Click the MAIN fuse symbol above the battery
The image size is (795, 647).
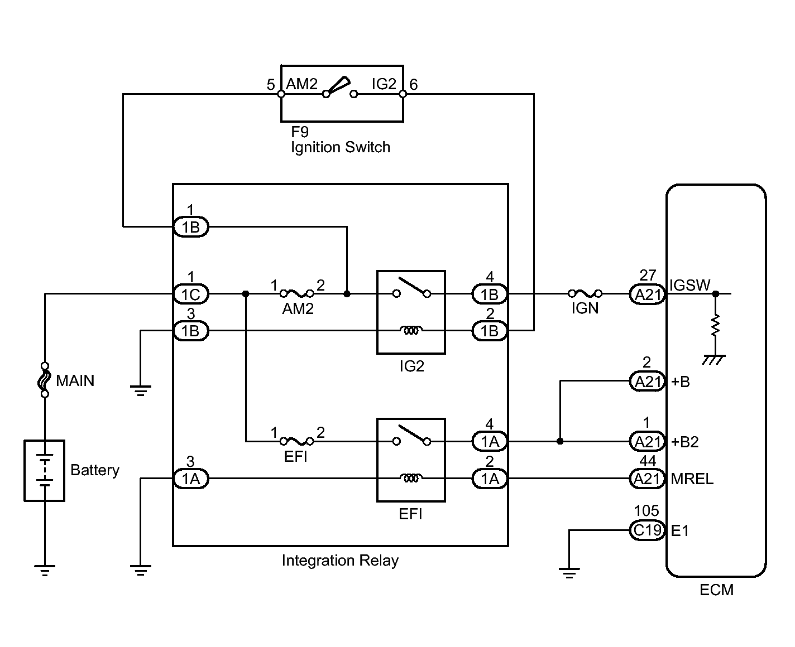45,380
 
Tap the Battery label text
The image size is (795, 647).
95,470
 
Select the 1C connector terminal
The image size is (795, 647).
191,294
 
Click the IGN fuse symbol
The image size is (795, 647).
585,293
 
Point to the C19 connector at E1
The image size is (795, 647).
647,530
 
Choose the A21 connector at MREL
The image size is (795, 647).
647,479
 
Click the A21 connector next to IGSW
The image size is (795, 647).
647,294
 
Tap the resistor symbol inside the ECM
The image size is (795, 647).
715,326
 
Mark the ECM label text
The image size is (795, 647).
716,590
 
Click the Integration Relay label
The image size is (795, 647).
340,561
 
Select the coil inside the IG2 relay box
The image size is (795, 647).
411,330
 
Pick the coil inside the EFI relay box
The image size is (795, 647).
411,477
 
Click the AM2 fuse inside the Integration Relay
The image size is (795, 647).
296,294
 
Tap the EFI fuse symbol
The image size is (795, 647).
296,442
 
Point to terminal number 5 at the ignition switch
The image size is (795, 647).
271,85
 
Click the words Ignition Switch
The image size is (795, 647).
341,147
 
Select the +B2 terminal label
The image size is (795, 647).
684,442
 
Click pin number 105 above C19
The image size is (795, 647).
646,510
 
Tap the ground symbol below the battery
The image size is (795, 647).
45,571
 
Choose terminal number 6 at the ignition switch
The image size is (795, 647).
414,85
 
